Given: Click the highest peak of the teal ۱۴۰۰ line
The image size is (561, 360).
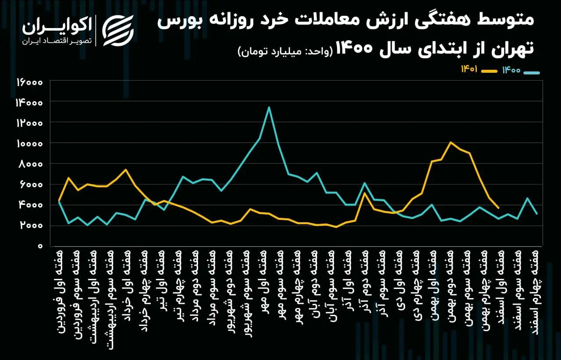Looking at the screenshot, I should [269, 107].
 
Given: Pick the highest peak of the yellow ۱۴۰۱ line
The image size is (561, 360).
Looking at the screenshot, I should [450, 142].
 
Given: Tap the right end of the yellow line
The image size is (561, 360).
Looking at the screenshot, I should [498, 208].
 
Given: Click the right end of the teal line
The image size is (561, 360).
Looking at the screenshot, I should [536, 214].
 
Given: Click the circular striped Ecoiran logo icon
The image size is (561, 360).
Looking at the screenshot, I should [118, 29].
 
